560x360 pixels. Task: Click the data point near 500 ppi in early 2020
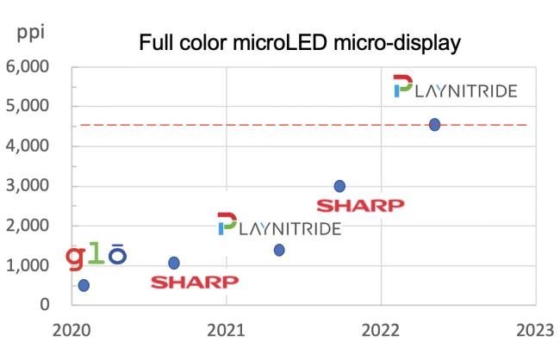(84, 285)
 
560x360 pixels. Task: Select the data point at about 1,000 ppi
(174, 263)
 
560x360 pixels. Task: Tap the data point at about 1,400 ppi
(279, 250)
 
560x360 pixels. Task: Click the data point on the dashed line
(434, 124)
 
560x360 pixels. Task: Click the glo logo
(97, 257)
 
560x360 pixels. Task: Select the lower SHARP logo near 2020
(195, 282)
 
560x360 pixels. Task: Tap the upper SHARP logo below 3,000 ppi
(360, 206)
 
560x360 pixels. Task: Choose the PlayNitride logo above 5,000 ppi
(455, 88)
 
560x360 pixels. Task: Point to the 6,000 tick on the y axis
(28, 67)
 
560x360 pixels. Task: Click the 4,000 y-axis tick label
(28, 146)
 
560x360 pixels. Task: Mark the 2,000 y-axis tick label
(28, 226)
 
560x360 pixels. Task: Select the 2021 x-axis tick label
(226, 329)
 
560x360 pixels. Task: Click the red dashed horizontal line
(258, 125)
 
